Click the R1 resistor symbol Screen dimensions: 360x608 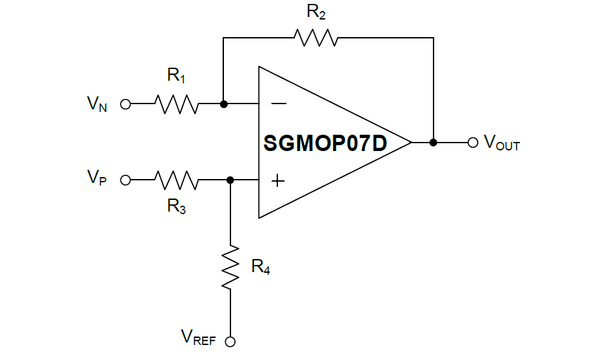pos(176,104)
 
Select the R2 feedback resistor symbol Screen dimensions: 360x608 pos(316,38)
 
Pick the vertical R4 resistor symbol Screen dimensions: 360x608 pos(230,267)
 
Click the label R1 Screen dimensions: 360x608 pos(176,76)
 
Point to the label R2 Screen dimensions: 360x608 pos(316,12)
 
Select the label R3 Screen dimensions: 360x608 pos(176,206)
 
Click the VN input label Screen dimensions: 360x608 pos(97,104)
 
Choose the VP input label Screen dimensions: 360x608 pos(97,178)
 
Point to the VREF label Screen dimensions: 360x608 pos(199,337)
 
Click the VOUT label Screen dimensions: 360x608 pos(502,143)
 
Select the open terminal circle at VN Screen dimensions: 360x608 pos(126,104)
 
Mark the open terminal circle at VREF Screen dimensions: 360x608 pos(230,341)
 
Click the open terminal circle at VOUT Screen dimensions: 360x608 pos(473,142)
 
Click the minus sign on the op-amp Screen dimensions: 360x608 pos(278,103)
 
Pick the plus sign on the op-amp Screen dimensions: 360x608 pos(278,180)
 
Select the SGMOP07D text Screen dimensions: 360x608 pos(325,143)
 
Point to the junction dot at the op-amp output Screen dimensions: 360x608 pos(434,142)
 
